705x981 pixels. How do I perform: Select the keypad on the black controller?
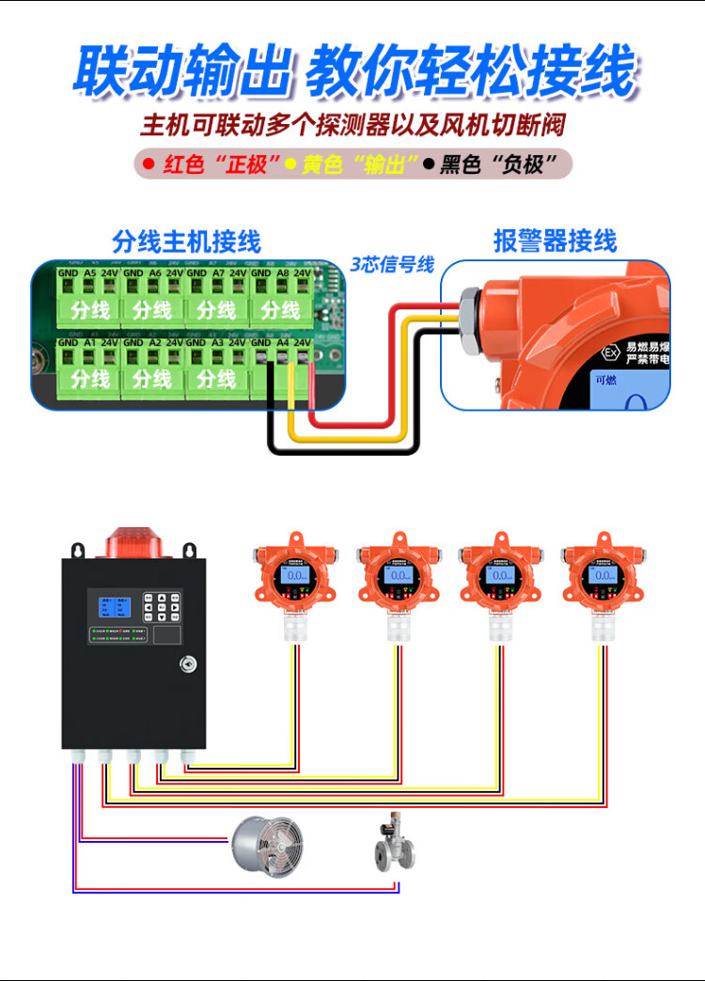tap(162, 607)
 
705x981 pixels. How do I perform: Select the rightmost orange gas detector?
tap(603, 578)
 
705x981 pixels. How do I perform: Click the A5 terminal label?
tap(90, 273)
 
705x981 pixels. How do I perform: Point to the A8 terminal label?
tap(282, 273)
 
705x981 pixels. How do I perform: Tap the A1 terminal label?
tap(90, 344)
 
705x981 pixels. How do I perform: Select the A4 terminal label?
tap(282, 344)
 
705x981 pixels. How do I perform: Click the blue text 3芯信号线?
tap(393, 265)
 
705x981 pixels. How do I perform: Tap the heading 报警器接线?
tap(556, 241)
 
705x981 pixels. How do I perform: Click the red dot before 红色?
tap(149, 165)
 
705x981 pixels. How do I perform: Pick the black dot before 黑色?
tap(429, 165)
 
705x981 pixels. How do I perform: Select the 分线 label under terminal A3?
tap(216, 379)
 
